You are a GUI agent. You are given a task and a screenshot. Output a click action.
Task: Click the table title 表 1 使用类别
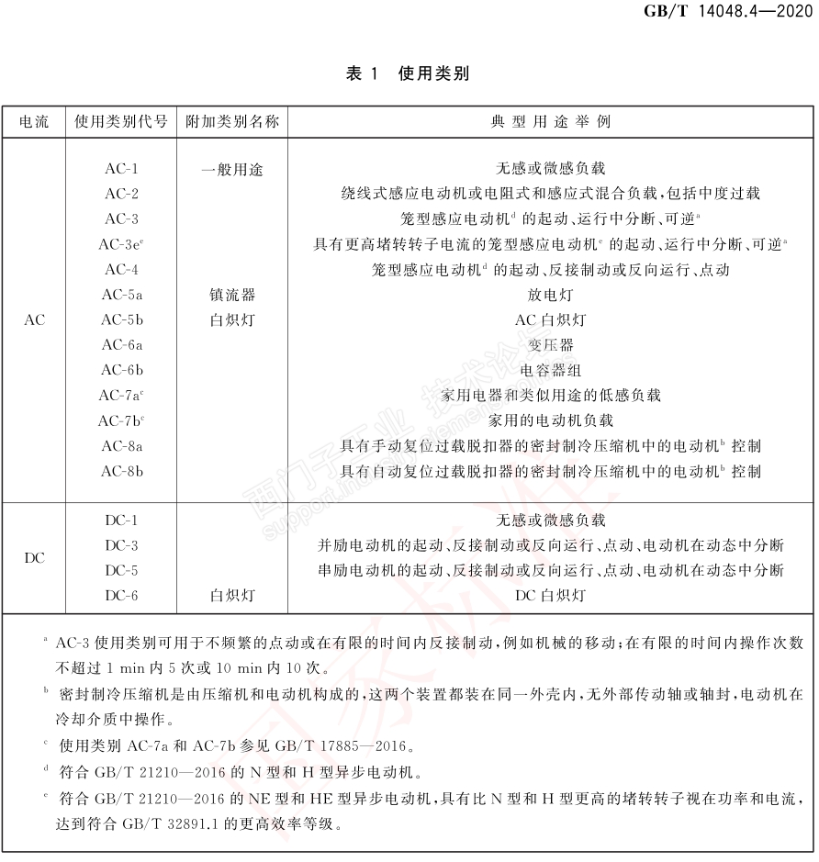[407, 73]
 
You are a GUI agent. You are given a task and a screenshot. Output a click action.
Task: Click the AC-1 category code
[121, 169]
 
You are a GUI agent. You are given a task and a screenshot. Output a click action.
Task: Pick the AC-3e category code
[121, 244]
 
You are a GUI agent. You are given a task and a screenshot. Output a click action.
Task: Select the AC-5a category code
[121, 295]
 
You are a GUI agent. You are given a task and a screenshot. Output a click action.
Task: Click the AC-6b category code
[121, 370]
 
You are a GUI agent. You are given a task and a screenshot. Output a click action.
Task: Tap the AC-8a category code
[121, 446]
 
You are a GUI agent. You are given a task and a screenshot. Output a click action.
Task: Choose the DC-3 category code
[121, 545]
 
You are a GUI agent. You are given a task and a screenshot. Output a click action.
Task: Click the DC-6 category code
[121, 596]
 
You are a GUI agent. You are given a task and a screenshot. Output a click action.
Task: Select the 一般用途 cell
[232, 169]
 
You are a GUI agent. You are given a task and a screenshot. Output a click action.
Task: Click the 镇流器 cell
[232, 295]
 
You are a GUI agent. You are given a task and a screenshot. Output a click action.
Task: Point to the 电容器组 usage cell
[551, 370]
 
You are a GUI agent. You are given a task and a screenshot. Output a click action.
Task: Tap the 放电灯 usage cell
[551, 295]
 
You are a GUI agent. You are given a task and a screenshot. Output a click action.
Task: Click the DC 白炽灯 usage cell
[551, 596]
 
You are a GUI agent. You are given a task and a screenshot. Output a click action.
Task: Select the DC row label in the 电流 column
[34, 558]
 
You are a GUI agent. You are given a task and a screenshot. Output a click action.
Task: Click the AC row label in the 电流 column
[34, 320]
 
